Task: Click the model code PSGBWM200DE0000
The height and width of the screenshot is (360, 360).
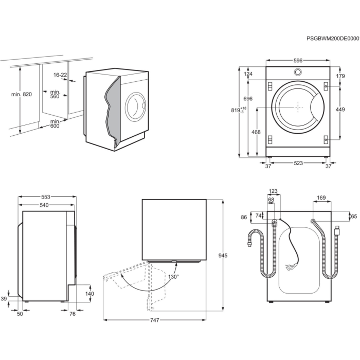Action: pos(332,39)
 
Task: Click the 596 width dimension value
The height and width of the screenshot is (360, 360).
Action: pos(298,61)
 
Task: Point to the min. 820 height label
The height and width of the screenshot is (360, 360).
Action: pos(21,94)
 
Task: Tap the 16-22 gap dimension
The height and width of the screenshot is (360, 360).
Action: pos(60,75)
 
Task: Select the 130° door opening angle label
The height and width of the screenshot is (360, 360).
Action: pos(173,277)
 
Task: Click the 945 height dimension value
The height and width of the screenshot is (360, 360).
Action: pos(223,256)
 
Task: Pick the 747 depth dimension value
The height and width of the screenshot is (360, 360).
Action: pos(155,320)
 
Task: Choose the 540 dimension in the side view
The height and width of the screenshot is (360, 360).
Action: pos(45,206)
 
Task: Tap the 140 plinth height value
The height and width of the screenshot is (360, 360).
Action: pos(89,294)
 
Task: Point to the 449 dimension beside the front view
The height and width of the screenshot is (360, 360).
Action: pos(340,109)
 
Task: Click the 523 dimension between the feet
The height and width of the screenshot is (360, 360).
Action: pos(298,164)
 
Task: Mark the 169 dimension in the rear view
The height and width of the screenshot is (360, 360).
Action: pos(321,197)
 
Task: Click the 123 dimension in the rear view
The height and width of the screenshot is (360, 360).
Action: pos(273,191)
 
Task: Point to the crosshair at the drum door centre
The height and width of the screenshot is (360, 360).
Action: pos(298,107)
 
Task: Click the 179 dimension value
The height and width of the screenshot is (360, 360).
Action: pos(340,76)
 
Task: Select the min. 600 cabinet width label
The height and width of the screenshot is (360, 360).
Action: pos(55,124)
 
